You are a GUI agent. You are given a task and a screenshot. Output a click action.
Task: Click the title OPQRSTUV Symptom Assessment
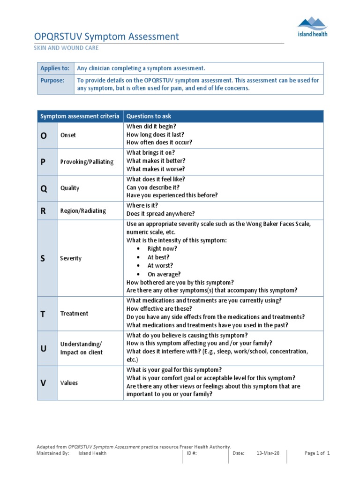pos(107,37)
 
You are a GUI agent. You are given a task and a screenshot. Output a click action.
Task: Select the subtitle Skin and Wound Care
pos(67,48)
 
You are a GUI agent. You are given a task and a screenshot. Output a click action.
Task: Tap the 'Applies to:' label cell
pos(55,68)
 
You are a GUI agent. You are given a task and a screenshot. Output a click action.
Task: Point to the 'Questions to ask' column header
pos(149,116)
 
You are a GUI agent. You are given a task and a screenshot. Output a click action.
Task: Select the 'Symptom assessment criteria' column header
pos(80,116)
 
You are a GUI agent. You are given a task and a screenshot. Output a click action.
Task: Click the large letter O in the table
pos(44,135)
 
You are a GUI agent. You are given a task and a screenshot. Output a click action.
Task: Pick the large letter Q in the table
pos(44,188)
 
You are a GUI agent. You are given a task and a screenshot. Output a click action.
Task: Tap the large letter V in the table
pos(44,383)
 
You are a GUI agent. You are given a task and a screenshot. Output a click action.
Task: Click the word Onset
pos(68,135)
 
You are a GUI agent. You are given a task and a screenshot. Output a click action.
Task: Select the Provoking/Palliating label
pos(87,162)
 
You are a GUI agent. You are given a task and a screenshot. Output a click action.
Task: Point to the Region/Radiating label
pos(83,211)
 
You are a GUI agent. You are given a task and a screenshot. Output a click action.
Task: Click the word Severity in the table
pos(71,258)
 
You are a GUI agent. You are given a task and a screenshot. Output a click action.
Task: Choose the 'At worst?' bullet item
pos(160,266)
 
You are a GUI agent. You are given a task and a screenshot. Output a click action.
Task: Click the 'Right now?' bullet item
pos(162,249)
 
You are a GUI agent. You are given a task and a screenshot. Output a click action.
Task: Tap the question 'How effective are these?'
pos(159,309)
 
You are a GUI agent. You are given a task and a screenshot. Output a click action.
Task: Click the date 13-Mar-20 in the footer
pos(268,453)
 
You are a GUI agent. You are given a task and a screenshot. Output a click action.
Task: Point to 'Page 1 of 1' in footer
pos(317,453)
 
